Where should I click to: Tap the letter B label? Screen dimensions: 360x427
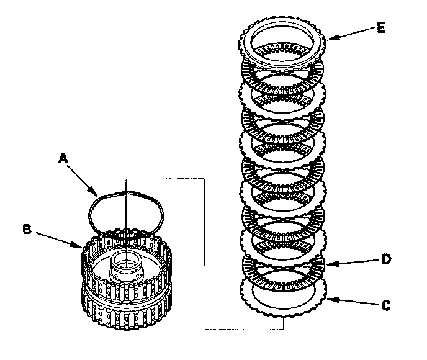27,228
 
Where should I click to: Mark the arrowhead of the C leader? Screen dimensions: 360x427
326,299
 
